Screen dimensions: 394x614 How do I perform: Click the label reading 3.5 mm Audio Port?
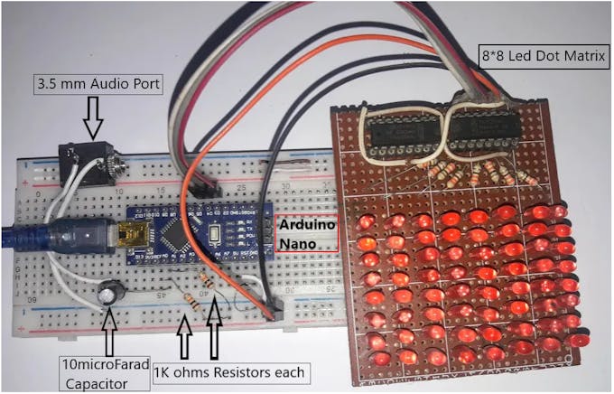click(x=98, y=86)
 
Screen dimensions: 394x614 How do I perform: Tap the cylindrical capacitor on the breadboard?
click(x=111, y=294)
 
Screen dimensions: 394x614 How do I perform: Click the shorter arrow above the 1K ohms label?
click(x=185, y=340)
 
